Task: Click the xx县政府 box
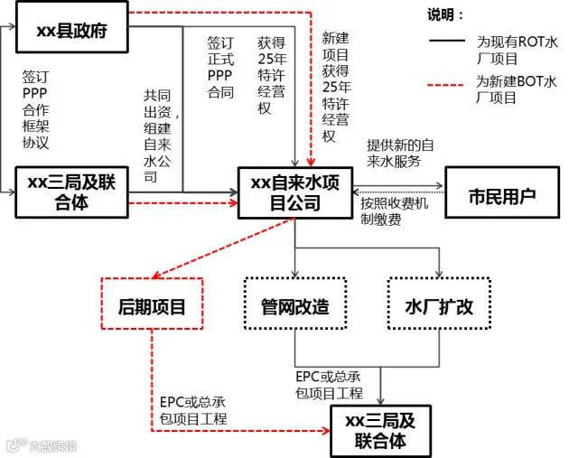point(71,31)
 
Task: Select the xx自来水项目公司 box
point(295,192)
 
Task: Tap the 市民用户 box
point(502,194)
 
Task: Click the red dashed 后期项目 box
point(152,306)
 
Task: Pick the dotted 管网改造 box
point(295,306)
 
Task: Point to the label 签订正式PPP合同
point(220,68)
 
